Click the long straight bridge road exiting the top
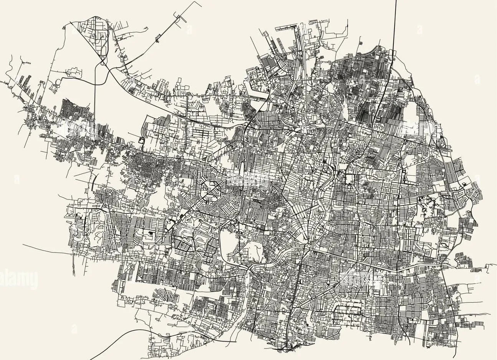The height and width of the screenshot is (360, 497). coord(395,23)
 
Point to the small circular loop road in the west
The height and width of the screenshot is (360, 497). coord(59,82)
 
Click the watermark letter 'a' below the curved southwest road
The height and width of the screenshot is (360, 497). coord(74,329)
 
